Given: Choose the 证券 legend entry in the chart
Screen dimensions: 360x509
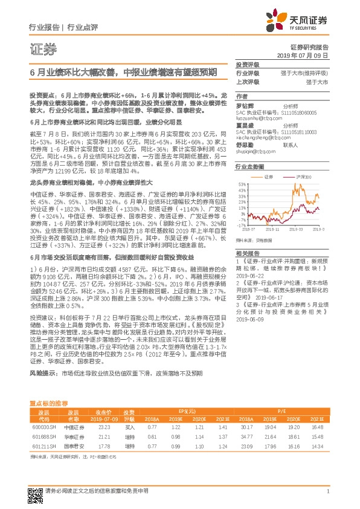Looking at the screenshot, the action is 268,177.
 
